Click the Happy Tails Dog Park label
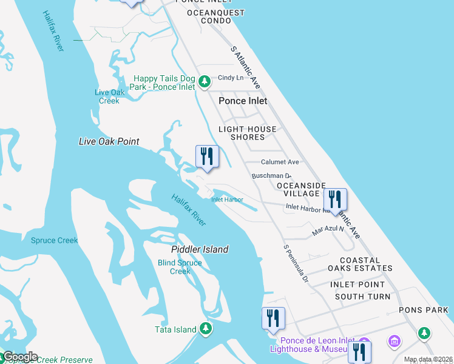point(165,83)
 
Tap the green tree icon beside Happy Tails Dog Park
point(205,80)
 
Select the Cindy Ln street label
point(231,78)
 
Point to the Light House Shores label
point(248,133)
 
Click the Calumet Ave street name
point(280,162)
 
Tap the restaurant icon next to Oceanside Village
point(334,198)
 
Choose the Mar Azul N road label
point(328,230)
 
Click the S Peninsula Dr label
point(296,264)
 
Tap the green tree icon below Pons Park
point(424,332)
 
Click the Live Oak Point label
point(109,141)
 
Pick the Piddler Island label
point(200,249)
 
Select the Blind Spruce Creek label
point(180,267)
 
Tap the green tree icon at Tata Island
point(206,329)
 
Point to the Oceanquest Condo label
point(216,16)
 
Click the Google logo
point(20,357)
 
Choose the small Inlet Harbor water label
point(227,200)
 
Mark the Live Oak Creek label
point(109,96)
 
